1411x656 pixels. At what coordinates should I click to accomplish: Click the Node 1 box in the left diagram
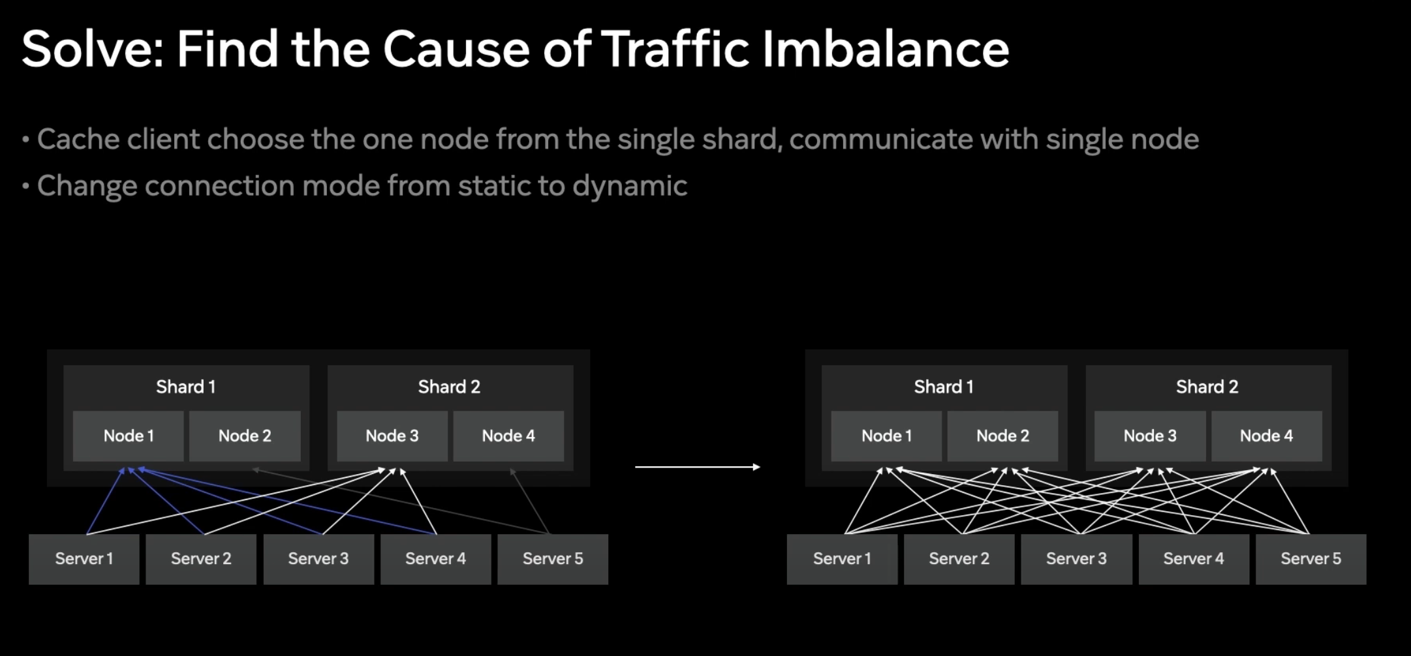coord(129,436)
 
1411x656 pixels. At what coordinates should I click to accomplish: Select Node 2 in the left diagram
coord(245,436)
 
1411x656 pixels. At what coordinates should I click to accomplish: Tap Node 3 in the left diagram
coord(392,436)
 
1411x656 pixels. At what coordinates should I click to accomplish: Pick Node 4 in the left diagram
coord(508,436)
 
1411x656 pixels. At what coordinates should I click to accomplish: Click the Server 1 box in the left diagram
coord(84,559)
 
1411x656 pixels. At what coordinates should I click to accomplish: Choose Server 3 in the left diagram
coord(318,559)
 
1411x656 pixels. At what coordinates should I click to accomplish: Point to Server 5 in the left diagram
coord(553,559)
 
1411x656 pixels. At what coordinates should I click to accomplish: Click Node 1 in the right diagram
coord(886,436)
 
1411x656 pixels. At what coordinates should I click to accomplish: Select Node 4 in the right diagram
coord(1266,436)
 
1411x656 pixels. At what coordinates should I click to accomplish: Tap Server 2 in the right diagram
coord(959,559)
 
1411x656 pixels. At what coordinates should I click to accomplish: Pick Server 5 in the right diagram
coord(1310,559)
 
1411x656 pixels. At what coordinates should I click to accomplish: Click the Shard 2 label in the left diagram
coord(449,387)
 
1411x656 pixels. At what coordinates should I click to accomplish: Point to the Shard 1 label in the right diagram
coord(944,387)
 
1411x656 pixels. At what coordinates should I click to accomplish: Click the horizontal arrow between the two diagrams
coord(697,467)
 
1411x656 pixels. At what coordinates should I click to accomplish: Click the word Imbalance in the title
coord(886,49)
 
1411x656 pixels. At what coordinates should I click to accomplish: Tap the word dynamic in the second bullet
coord(630,186)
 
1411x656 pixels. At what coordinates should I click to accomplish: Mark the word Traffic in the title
coord(675,49)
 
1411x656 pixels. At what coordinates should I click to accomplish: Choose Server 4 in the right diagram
coord(1194,559)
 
